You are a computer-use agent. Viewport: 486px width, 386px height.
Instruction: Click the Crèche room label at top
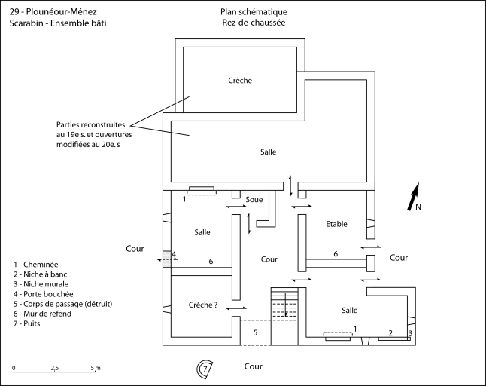point(240,81)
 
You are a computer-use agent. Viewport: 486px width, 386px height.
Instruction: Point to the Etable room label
point(337,224)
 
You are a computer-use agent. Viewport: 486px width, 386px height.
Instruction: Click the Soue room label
point(254,200)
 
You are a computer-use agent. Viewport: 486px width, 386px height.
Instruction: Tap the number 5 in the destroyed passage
point(255,332)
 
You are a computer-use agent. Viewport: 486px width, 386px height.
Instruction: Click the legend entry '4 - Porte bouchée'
point(44,294)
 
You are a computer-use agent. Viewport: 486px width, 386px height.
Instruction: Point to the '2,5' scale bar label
point(54,368)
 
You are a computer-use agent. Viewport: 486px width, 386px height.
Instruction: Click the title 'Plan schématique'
point(254,12)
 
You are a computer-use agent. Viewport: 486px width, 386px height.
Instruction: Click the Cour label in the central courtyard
point(269,259)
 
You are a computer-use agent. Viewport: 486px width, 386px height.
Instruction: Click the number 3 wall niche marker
point(410,332)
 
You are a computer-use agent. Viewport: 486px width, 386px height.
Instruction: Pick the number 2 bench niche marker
point(390,332)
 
